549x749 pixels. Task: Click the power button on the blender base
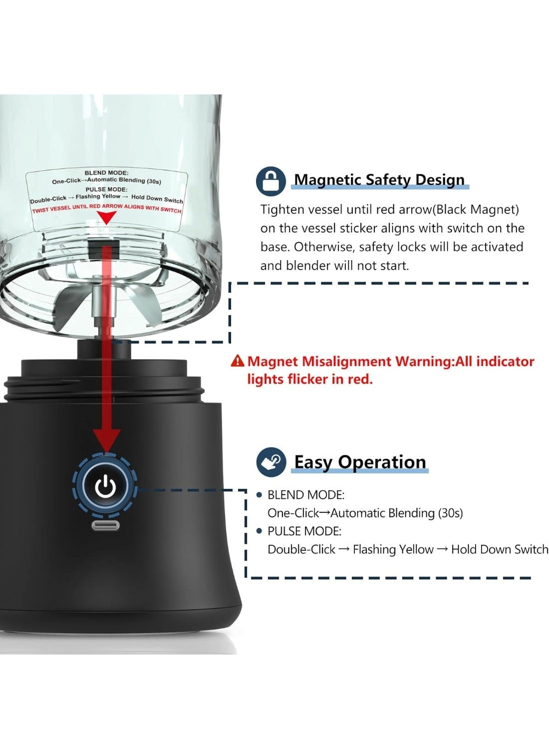click(x=105, y=486)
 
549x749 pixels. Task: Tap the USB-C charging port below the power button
click(x=105, y=525)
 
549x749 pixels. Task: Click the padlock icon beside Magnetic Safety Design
click(x=271, y=181)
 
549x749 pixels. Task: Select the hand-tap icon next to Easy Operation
click(x=271, y=462)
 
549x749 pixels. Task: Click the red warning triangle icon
click(x=238, y=361)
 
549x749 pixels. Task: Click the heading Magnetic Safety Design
click(x=379, y=179)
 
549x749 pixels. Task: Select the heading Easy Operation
click(x=360, y=462)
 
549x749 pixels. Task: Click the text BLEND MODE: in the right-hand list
click(x=306, y=495)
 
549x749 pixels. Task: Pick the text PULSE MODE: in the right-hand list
click(x=304, y=531)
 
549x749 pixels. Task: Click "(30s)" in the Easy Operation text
click(x=450, y=513)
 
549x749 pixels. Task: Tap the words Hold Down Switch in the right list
click(x=499, y=549)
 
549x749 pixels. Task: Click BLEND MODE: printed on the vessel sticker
click(x=106, y=173)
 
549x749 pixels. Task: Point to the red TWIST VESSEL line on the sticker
click(x=106, y=208)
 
